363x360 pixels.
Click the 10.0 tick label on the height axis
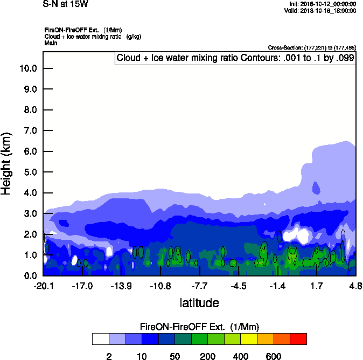coord(27,68)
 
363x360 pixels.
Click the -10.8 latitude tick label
coord(160,286)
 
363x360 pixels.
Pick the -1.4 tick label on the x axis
coord(277,286)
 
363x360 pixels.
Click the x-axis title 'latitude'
coord(199,303)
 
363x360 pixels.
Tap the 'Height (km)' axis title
coord(8,162)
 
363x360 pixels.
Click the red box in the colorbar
coord(298,338)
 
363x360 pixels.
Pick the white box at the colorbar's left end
coord(100,338)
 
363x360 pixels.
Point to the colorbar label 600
coord(274,357)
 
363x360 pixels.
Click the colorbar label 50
coord(174,357)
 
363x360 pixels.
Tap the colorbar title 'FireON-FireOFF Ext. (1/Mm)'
coord(199,327)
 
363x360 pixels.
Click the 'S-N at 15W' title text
coord(66,4)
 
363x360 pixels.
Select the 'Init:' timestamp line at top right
coord(323,4)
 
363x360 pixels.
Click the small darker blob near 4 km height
coord(316,189)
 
